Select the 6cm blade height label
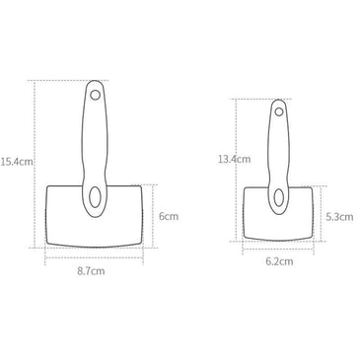tap(169, 215)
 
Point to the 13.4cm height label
tap(234, 158)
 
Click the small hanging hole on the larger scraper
tap(96, 96)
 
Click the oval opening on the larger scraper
tap(94, 198)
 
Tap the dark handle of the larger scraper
tap(96, 138)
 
